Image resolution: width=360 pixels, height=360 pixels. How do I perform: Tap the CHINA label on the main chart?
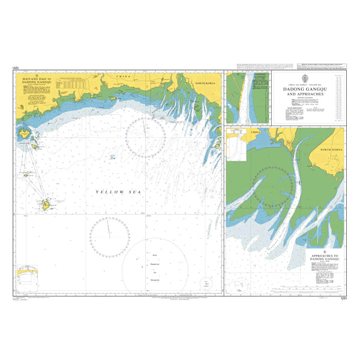[123, 77]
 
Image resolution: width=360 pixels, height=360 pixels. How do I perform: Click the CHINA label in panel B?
[256, 130]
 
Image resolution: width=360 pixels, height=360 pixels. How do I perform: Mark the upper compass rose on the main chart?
[145, 137]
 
